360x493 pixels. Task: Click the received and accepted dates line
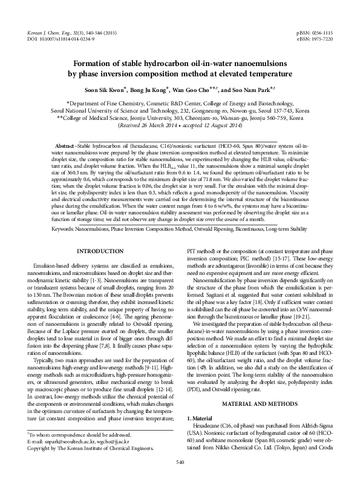[x=180, y=133]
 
